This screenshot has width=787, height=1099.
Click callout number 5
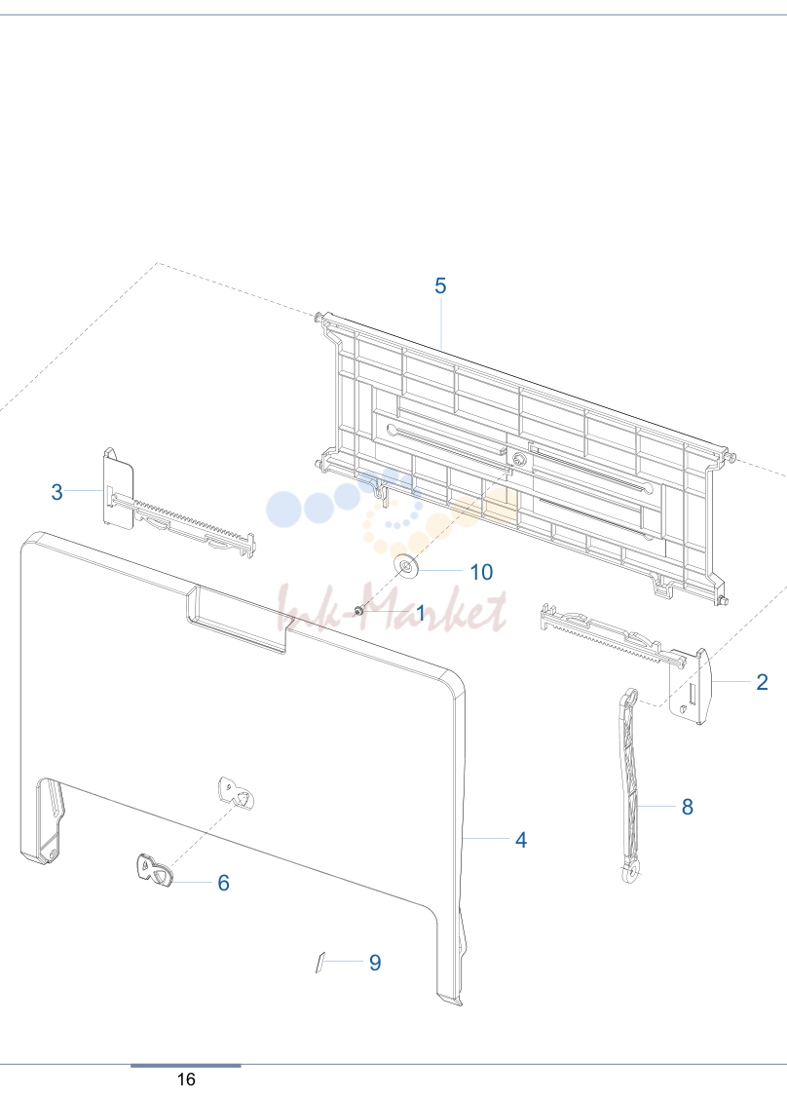(x=440, y=286)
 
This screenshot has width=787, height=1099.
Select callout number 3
(x=56, y=492)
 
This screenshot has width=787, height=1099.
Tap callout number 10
(x=481, y=572)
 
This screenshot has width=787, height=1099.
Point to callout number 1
(x=421, y=613)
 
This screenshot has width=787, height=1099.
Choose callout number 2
(x=763, y=682)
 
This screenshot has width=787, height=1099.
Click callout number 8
(x=688, y=807)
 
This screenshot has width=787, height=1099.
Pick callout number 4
(x=521, y=840)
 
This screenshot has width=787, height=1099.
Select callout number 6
(x=224, y=883)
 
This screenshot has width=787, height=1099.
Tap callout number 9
(x=375, y=963)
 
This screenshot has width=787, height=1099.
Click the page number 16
(x=186, y=1080)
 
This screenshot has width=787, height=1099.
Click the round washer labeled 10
(x=406, y=565)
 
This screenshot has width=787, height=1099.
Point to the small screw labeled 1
(x=358, y=611)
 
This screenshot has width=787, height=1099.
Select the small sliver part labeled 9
(x=320, y=963)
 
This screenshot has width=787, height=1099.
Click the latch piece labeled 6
(x=154, y=870)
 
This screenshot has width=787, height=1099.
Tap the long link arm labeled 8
(x=630, y=785)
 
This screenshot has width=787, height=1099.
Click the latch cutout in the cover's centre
(x=236, y=793)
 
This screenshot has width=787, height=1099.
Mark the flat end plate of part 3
(x=119, y=488)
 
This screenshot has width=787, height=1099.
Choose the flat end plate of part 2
(x=691, y=687)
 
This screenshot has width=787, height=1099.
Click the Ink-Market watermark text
(x=393, y=608)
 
